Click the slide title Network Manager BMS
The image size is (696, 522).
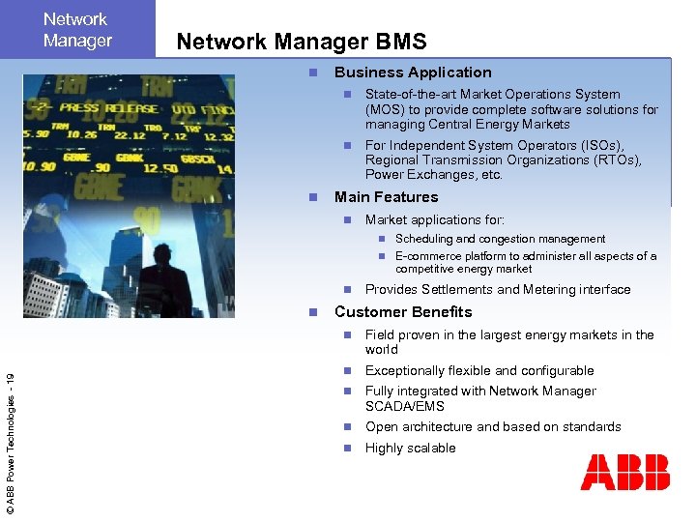coord(301,42)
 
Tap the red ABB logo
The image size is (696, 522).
coord(624,474)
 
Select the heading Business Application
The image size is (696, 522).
coord(413,72)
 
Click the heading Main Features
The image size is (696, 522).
coord(386,197)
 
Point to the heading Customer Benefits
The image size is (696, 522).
coord(403,312)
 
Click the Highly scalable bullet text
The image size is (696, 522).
coord(410,449)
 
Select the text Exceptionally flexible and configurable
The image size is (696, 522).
coord(479,371)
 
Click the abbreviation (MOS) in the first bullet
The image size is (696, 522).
coord(385,109)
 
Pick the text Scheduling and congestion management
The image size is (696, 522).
coord(500,239)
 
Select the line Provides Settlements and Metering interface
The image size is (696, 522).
coord(497,290)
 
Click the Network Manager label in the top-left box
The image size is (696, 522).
coord(77,30)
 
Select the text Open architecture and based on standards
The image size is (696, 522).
coord(493,427)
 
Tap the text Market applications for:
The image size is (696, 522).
coord(434,220)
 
